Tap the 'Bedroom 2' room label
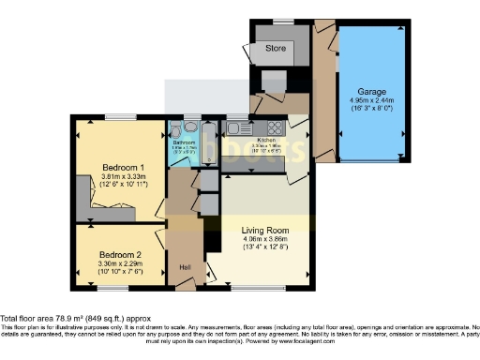(x=120, y=254)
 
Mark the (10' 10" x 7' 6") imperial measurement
(x=120, y=271)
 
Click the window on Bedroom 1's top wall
(x=120, y=116)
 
